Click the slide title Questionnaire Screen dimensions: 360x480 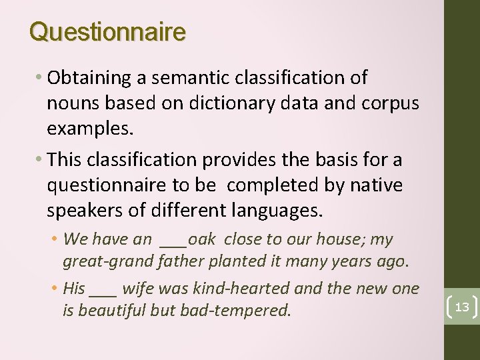pyautogui.click(x=107, y=31)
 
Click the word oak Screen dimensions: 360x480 pyautogui.click(x=202, y=239)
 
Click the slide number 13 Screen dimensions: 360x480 pyautogui.click(x=462, y=307)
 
